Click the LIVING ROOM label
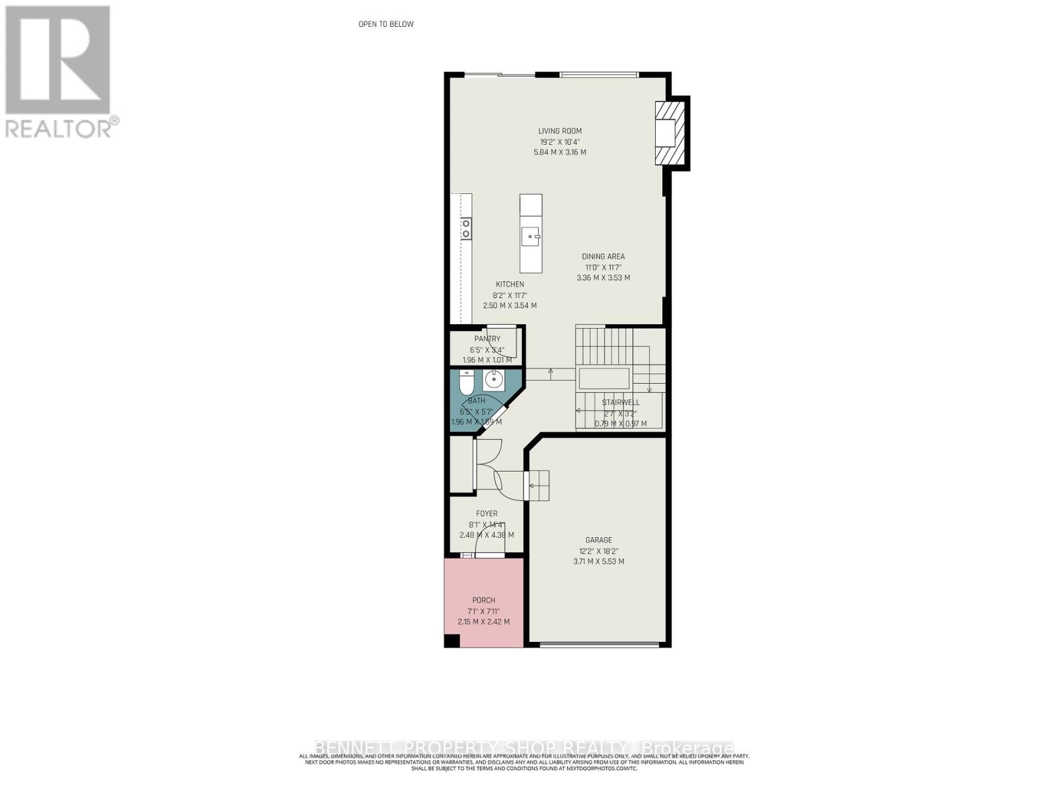[x=560, y=131]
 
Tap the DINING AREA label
[x=603, y=257]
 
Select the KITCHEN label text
[x=509, y=284]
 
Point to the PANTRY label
[x=487, y=339]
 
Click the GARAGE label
[x=599, y=540]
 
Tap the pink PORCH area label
[x=484, y=600]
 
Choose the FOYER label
[x=486, y=514]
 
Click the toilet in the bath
[x=466, y=381]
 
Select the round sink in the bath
[x=493, y=379]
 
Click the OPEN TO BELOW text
[x=386, y=24]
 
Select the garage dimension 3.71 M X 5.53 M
[x=599, y=561]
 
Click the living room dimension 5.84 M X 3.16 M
[x=560, y=152]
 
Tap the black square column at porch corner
[x=452, y=641]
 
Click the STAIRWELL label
[x=620, y=402]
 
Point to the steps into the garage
[x=539, y=485]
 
